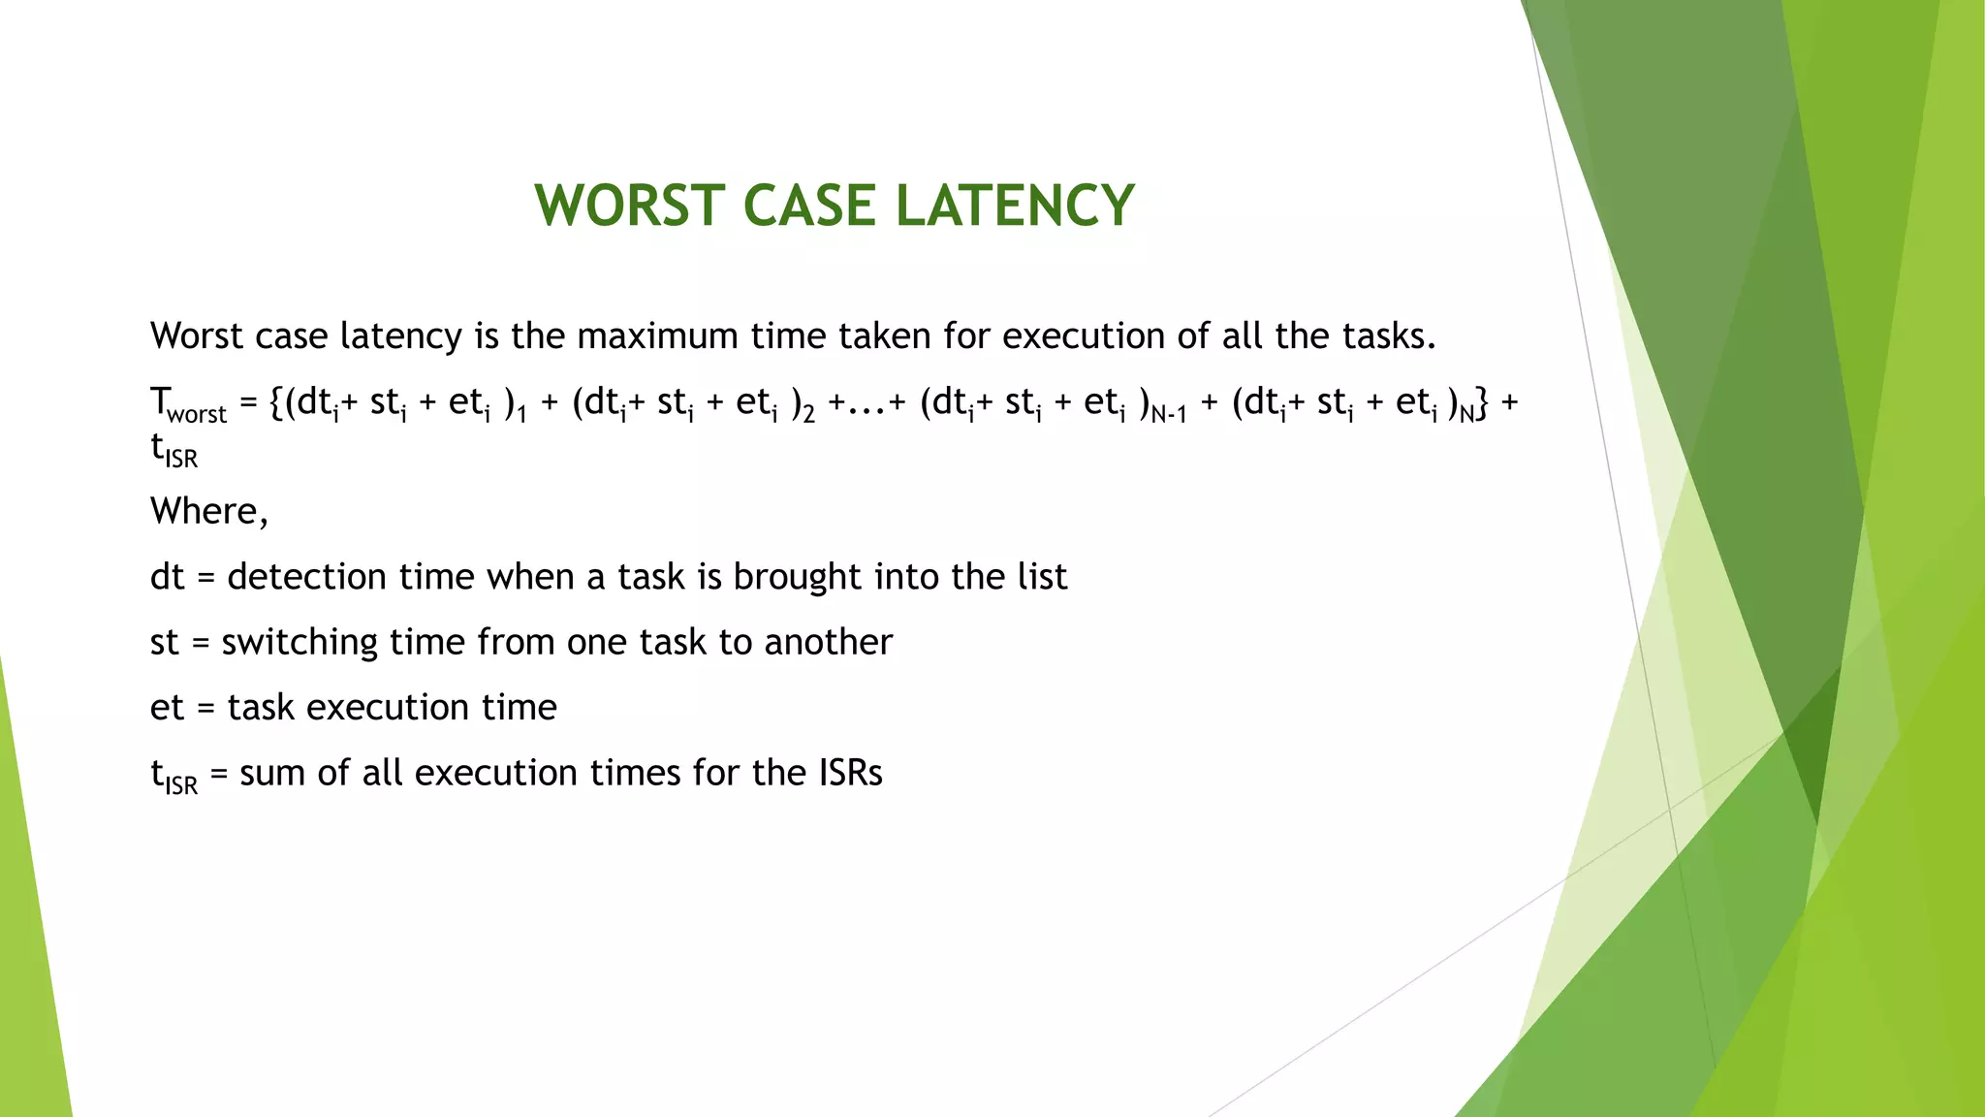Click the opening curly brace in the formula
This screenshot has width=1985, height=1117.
[276, 402]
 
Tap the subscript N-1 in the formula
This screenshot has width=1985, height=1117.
[1169, 415]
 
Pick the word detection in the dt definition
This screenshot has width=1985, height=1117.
[306, 577]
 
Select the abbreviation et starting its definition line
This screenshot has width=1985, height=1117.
[167, 708]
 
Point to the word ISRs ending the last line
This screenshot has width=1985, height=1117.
[849, 773]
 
